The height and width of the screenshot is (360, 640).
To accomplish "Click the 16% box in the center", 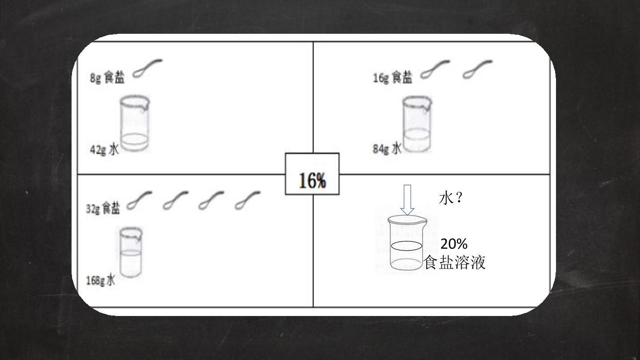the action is pos(312,174).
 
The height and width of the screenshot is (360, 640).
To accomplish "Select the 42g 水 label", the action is pos(104,149).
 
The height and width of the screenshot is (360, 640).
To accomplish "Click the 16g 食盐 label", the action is pos(392,77).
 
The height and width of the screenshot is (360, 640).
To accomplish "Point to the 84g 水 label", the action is pos(387,148).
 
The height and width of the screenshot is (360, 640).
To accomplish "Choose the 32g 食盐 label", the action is pos(103,208).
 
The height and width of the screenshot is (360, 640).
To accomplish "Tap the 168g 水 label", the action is pos(100,280).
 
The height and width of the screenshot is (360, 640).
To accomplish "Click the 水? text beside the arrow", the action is pos(451,198).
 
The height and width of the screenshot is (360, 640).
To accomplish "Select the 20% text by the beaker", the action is pos(454,244).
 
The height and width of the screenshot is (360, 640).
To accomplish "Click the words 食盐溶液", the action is pos(455,262).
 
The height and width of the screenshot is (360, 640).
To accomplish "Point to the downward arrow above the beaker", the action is pos(407,200).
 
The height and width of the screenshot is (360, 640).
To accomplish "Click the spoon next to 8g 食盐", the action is pos(148,68).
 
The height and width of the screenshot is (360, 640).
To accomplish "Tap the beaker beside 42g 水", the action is pos(135,124).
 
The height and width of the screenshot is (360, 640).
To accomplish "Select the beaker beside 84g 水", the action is pos(417,124).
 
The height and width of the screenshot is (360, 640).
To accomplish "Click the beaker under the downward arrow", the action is pos(407,243).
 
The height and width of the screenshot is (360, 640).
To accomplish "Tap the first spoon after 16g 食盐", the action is pos(435,69).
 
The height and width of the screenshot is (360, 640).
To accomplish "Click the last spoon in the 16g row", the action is pos(477,69).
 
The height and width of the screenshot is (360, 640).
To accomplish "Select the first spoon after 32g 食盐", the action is pos(140,200).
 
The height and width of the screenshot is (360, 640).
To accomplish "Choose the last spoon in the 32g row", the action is pos(248,200).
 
